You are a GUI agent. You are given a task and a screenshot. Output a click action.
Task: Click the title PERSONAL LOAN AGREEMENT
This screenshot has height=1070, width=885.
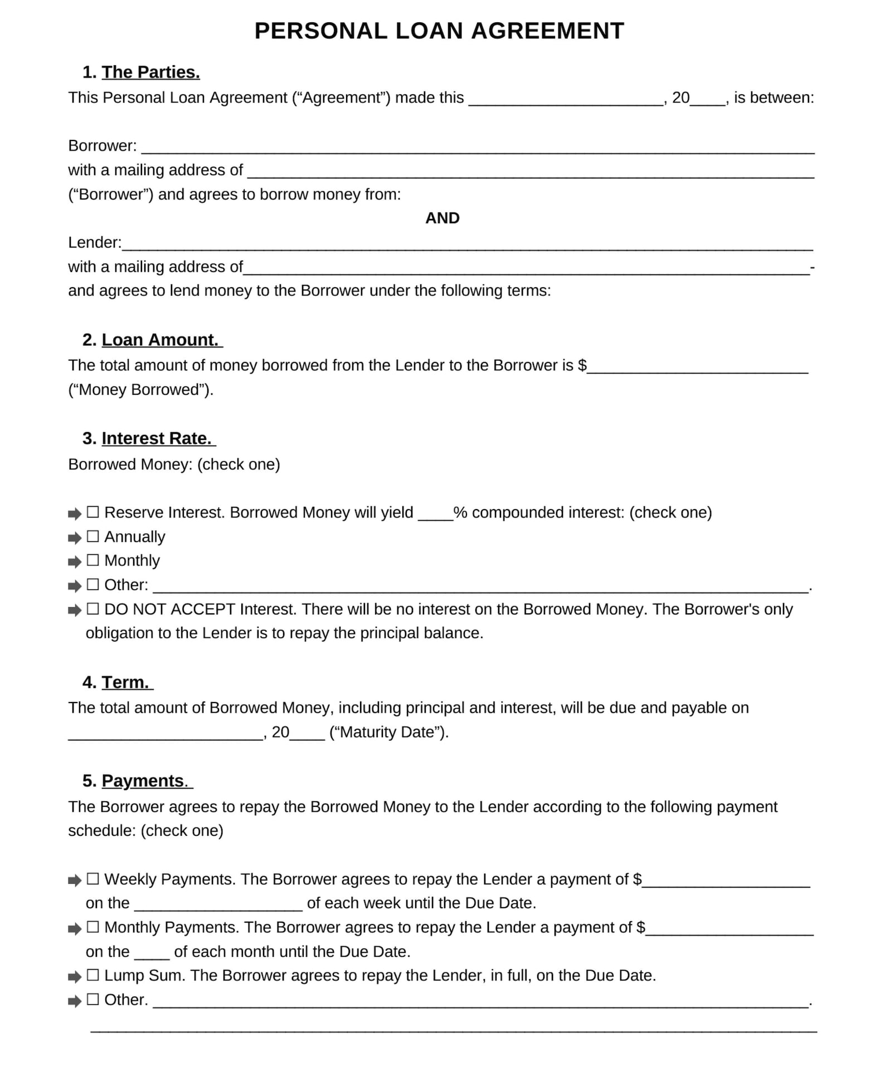(439, 31)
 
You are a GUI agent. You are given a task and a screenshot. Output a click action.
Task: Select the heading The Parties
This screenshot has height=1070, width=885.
(150, 72)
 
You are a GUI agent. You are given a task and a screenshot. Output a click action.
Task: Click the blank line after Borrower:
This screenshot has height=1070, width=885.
(478, 148)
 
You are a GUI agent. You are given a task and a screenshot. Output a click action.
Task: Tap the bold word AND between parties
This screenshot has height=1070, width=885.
(442, 218)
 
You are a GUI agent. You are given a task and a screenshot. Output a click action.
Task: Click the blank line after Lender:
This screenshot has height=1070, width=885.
(467, 245)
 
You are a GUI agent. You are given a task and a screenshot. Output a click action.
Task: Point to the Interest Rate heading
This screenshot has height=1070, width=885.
(157, 439)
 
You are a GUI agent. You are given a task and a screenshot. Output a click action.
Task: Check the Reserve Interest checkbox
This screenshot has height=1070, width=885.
(93, 512)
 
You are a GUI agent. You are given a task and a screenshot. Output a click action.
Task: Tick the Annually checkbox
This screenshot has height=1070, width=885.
(93, 536)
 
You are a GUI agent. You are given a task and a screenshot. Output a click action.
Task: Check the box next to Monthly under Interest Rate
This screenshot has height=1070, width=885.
(93, 560)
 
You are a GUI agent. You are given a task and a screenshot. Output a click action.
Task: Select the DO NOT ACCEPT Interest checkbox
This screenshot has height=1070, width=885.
(93, 609)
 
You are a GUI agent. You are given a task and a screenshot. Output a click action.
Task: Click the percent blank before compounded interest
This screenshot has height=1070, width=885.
(435, 514)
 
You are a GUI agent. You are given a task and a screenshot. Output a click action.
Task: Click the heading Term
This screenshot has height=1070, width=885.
(125, 682)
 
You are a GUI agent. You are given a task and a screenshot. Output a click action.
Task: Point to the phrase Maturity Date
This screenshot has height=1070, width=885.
(388, 732)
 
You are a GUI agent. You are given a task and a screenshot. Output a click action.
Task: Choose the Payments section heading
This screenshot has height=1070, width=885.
(143, 781)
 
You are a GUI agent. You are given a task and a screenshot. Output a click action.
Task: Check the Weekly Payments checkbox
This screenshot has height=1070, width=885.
(93, 879)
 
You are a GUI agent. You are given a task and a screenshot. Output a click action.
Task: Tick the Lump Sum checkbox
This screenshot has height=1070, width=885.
(93, 975)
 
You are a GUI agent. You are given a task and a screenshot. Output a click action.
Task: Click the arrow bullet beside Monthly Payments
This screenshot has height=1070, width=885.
(74, 929)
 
